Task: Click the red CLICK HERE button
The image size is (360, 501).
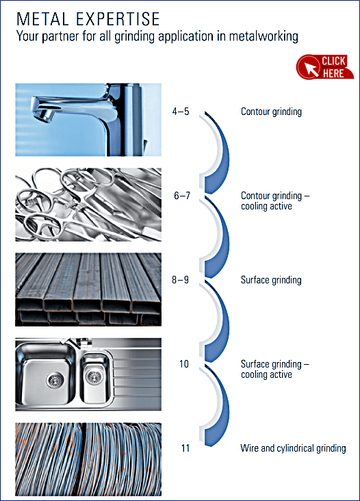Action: coord(325,67)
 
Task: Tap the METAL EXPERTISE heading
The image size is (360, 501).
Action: coord(88,19)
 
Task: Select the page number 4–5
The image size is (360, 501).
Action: coord(181,112)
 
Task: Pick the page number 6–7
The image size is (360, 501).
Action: coord(182,196)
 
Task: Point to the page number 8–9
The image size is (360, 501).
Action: coord(180,280)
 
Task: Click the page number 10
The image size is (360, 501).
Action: coord(184,364)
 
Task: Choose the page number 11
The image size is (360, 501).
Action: coord(185,448)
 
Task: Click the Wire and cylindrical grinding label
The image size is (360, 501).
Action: coord(293,448)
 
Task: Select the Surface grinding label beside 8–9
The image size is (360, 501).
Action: coord(271,280)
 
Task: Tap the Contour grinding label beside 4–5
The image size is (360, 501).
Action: coord(271,112)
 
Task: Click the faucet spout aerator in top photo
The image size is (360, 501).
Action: coord(44,115)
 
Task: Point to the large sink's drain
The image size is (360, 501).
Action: coord(55,381)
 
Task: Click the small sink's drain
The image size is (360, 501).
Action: coord(94,377)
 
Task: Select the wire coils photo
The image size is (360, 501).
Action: coord(88,459)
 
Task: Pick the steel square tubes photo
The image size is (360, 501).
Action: coord(88,290)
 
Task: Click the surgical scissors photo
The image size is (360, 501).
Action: coord(88,205)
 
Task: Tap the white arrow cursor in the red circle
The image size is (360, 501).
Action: coord(311,69)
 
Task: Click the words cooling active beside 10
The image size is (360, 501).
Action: coord(266,374)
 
